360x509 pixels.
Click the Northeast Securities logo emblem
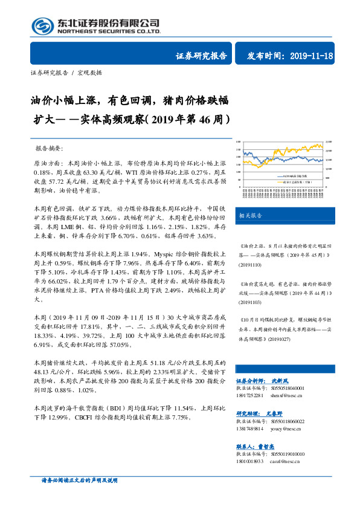(42, 26)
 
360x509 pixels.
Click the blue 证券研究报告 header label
(201, 56)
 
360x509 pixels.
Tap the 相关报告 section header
(250, 216)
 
